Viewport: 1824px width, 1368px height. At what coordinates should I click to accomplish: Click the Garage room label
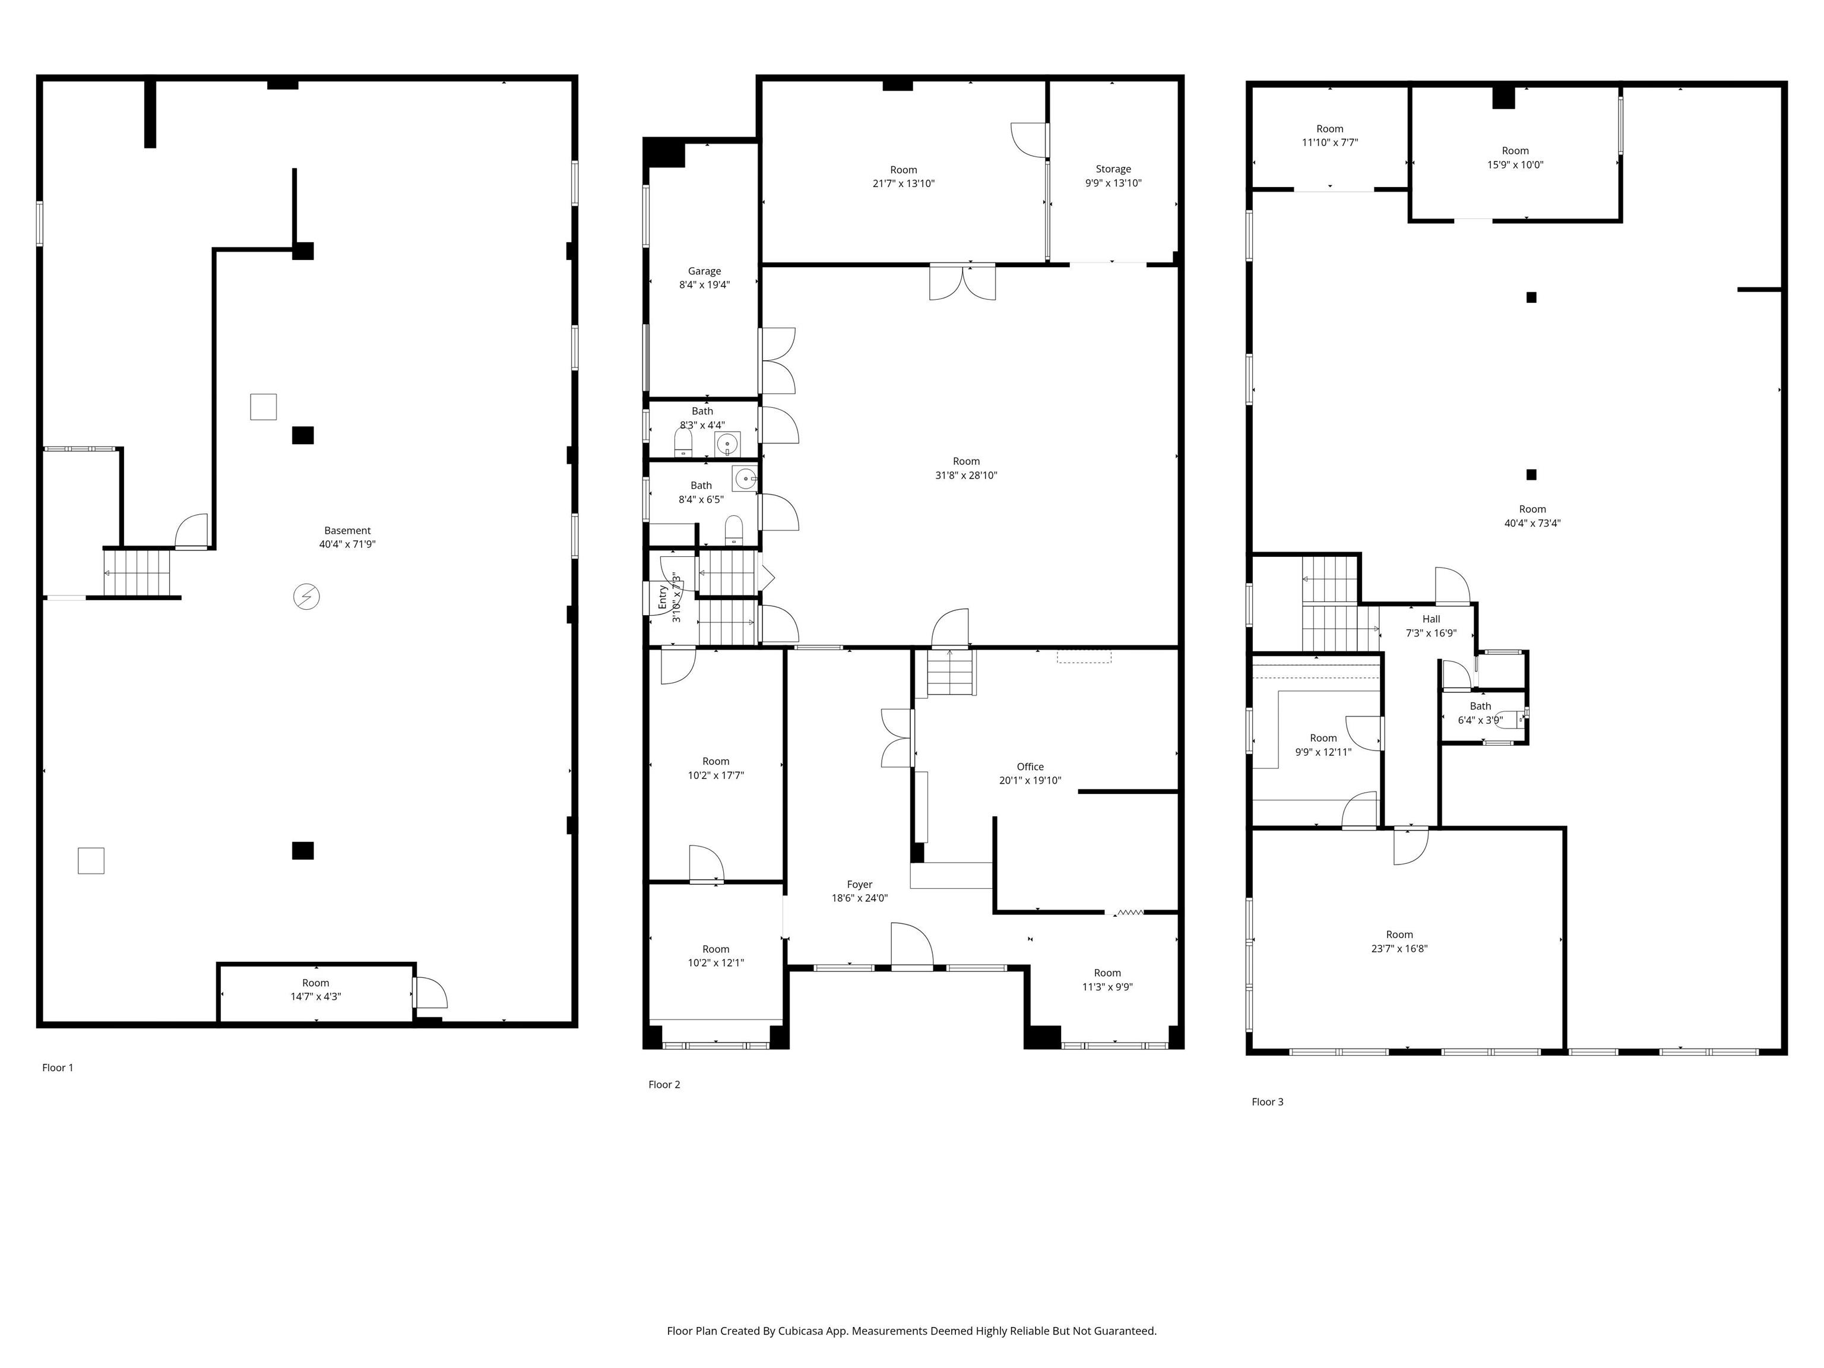click(x=704, y=271)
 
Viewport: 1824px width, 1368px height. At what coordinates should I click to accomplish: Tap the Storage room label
click(x=1113, y=169)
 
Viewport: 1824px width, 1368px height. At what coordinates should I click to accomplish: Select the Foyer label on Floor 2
click(x=859, y=884)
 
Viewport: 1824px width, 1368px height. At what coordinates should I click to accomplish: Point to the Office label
click(x=1030, y=766)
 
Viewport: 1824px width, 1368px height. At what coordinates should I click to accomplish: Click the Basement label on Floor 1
click(x=347, y=530)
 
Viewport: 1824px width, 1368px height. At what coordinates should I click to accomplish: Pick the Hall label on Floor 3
click(x=1431, y=619)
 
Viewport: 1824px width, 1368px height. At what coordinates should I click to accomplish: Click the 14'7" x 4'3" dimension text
click(x=315, y=996)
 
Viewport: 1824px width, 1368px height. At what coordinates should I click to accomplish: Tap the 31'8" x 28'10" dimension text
click(x=967, y=475)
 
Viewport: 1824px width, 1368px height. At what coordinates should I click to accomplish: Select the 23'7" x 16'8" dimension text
click(x=1399, y=948)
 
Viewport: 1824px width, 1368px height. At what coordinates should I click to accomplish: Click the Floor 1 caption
click(x=58, y=1067)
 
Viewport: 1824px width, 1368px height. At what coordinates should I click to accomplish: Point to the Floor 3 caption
click(x=1268, y=1101)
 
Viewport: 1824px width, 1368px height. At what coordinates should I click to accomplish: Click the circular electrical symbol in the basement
click(x=307, y=596)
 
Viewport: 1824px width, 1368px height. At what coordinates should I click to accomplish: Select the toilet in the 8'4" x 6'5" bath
click(x=734, y=530)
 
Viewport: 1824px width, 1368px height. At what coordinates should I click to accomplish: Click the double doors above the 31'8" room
click(x=962, y=282)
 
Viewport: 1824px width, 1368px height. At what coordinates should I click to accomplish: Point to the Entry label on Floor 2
click(x=663, y=597)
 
